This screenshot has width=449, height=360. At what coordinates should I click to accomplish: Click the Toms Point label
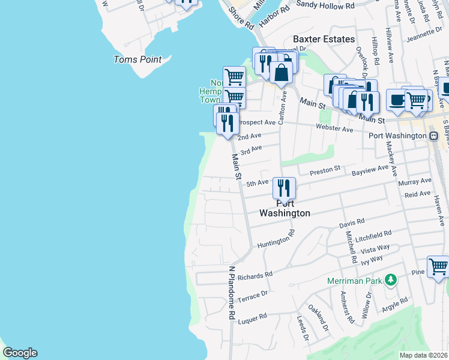137,59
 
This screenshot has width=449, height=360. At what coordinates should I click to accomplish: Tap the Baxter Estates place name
324,39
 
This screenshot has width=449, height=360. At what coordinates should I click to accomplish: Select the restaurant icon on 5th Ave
284,188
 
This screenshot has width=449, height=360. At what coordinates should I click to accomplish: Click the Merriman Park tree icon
391,280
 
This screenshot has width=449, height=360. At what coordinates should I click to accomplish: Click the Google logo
20,353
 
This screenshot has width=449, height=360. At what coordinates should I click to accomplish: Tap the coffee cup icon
397,100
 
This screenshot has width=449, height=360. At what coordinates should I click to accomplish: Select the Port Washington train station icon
434,136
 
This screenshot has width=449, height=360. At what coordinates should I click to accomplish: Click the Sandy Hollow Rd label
325,4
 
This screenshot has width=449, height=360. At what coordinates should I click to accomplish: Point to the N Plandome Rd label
231,293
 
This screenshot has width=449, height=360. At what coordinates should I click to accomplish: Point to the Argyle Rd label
395,304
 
